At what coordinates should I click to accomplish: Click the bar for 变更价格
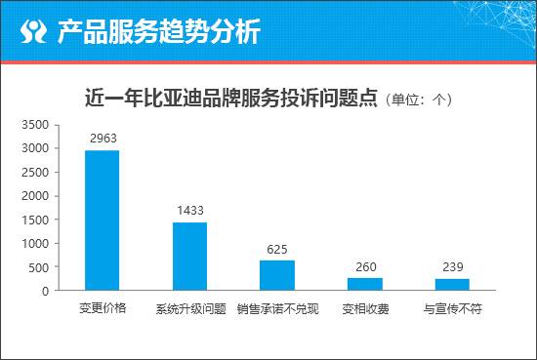[x=103, y=220]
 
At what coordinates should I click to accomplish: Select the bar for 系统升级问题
[x=190, y=256]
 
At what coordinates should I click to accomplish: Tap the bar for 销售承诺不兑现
[x=277, y=275]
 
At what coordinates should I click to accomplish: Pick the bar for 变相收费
[x=365, y=284]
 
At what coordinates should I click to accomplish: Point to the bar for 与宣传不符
[x=452, y=285]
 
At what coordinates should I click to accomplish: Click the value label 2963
[x=103, y=139]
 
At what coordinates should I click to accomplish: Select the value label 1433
[x=190, y=211]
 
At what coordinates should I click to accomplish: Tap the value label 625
[x=277, y=249]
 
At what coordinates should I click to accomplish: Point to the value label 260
[x=365, y=266]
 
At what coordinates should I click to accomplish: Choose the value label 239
[x=452, y=267]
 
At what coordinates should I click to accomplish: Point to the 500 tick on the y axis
[x=40, y=267]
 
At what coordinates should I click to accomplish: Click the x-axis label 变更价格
[x=103, y=309]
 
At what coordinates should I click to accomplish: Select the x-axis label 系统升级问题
[x=190, y=309]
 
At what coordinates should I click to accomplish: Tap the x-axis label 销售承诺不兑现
[x=277, y=309]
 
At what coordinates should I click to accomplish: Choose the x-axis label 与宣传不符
[x=452, y=309]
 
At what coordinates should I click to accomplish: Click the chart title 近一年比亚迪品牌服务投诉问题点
[x=231, y=99]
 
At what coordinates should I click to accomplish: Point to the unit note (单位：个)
[x=419, y=100]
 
